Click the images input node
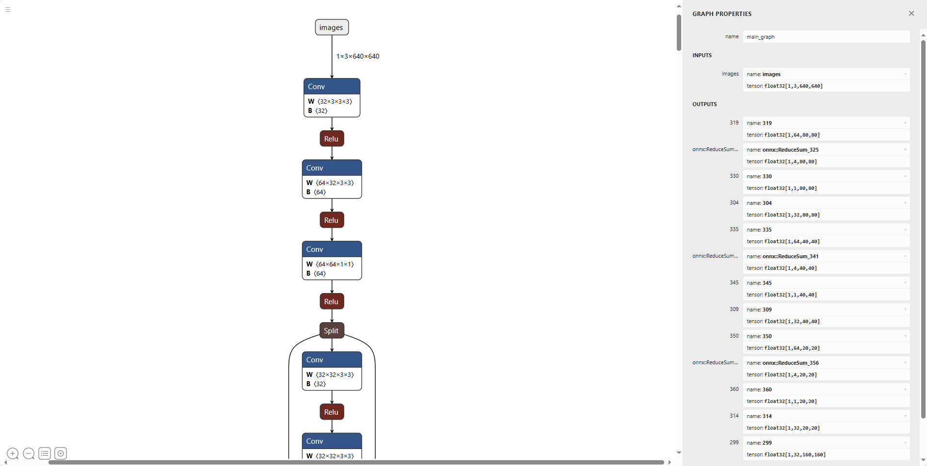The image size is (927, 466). click(x=332, y=27)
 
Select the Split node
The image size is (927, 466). click(x=332, y=330)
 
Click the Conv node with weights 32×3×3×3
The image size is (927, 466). click(x=332, y=97)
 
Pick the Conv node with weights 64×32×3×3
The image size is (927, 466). click(x=332, y=179)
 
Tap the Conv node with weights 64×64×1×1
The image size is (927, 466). click(x=332, y=260)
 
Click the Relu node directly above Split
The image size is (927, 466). click(x=332, y=301)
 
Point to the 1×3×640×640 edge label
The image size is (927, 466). click(x=358, y=56)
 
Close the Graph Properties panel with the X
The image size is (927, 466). click(x=911, y=14)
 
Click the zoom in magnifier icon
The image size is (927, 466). click(x=13, y=453)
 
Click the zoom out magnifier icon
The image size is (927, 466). click(x=29, y=453)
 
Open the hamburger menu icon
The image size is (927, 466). click(x=8, y=10)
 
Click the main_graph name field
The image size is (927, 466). click(x=826, y=37)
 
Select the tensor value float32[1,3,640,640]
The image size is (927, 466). click(x=793, y=86)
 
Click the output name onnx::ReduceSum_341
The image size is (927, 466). click(x=790, y=256)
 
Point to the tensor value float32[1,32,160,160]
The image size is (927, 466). click(x=795, y=455)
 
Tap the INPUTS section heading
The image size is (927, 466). click(x=702, y=55)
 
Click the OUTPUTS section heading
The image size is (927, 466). click(x=704, y=104)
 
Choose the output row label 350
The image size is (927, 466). click(x=734, y=336)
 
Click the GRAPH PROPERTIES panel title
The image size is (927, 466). click(x=722, y=14)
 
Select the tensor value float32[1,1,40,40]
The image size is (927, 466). click(x=790, y=295)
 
